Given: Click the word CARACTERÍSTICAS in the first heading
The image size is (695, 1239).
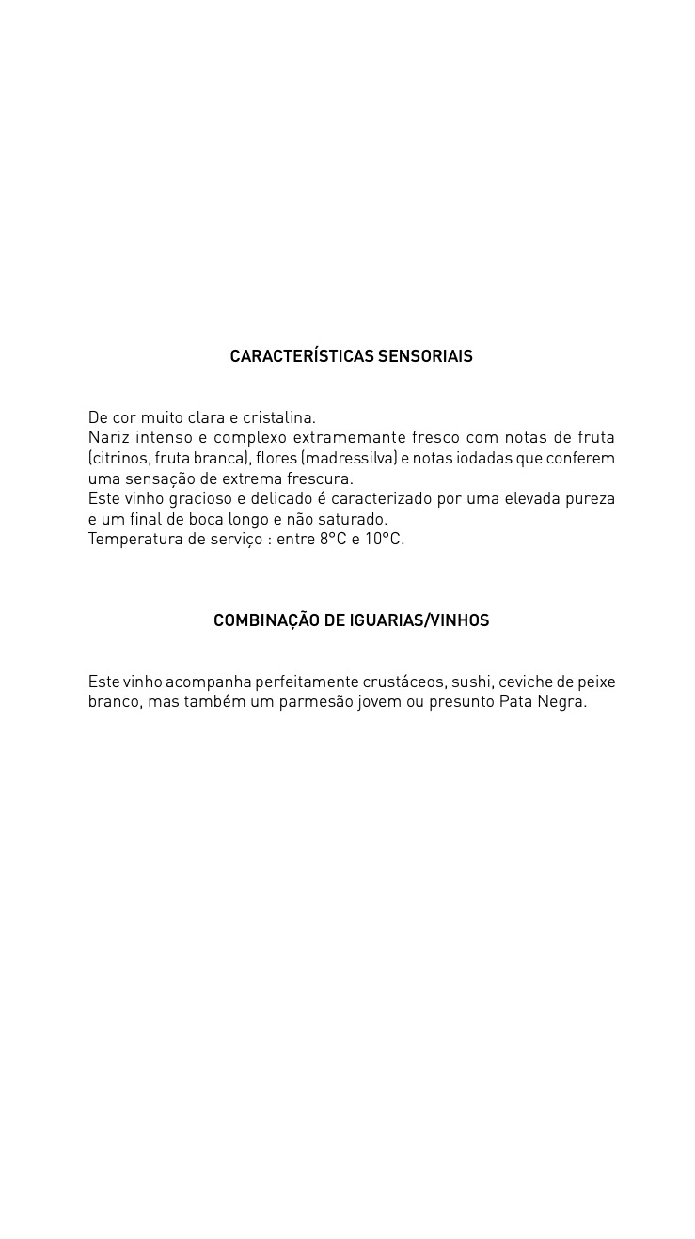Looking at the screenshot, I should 302,356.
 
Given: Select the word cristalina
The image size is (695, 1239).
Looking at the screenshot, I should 278,417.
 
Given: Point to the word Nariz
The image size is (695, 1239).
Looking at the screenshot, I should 108,438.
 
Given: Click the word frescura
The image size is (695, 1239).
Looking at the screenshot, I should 320,479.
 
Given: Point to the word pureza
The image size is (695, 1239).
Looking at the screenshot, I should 590,499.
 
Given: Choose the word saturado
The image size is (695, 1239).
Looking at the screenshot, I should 353,520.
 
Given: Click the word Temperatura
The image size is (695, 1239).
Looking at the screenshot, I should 132,540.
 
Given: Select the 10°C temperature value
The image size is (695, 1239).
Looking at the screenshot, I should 384,540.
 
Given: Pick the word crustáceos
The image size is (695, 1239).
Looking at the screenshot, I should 403,682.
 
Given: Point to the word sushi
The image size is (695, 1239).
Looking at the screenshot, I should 470,682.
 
